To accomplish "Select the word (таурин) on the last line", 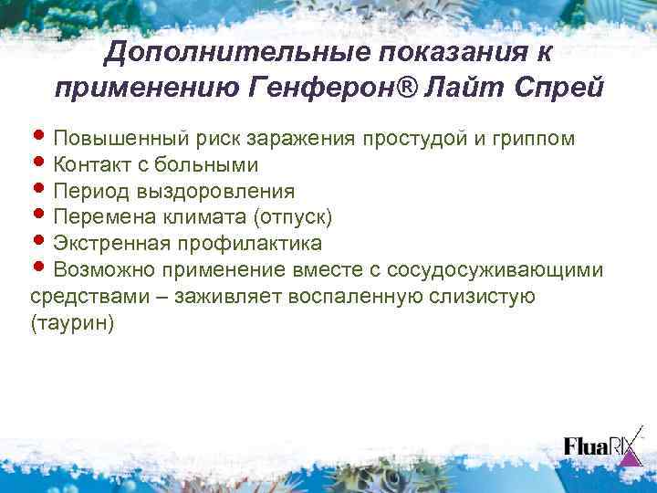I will [72, 324].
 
